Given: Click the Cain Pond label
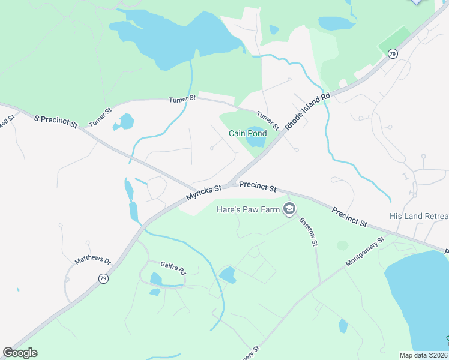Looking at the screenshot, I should click(x=247, y=133).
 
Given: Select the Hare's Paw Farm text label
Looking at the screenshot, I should click(x=248, y=209).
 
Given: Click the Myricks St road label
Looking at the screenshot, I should click(x=204, y=193).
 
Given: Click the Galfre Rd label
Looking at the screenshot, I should click(x=174, y=267).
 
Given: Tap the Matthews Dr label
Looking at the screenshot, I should click(x=93, y=261).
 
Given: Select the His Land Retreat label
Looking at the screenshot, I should click(x=418, y=216).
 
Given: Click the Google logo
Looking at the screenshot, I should click(x=20, y=353).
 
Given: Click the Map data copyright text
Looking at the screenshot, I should click(x=424, y=355).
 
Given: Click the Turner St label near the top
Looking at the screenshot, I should click(x=182, y=98).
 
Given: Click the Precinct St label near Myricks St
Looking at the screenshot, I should click(x=258, y=187).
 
